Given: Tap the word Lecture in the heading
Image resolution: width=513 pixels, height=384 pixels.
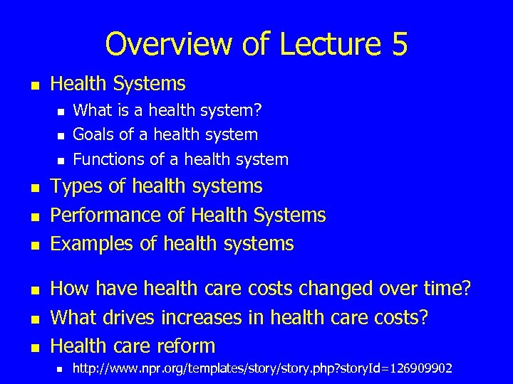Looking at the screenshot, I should point(327,44).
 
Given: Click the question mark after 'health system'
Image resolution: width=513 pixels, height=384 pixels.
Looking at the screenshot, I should point(259,110).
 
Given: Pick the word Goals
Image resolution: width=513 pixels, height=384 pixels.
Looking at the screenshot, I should point(93,134).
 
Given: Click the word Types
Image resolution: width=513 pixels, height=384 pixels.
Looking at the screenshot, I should point(76,187).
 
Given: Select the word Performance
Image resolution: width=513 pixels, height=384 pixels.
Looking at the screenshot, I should point(107,215).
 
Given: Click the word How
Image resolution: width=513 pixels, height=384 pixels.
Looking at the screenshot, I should point(70,289).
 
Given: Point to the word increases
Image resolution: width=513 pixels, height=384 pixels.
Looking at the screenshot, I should point(203,318).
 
